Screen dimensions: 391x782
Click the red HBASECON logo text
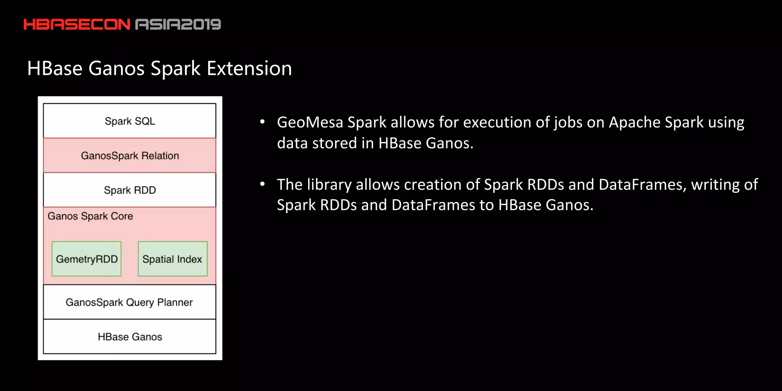pyautogui.click(x=77, y=24)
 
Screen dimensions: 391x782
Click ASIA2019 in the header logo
pyautogui.click(x=178, y=24)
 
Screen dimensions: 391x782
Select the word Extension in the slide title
pyautogui.click(x=249, y=69)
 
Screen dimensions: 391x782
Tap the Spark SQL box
pyautogui.click(x=130, y=121)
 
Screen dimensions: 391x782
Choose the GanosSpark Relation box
pyautogui.click(x=130, y=155)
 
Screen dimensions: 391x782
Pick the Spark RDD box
pyautogui.click(x=130, y=190)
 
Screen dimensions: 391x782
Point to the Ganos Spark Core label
pyautogui.click(x=90, y=216)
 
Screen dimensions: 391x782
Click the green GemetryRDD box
pyautogui.click(x=87, y=259)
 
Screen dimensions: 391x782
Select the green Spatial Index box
pyautogui.click(x=173, y=259)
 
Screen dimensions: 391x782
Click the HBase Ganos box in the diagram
pyautogui.click(x=130, y=336)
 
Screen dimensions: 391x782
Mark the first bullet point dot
pyautogui.click(x=262, y=122)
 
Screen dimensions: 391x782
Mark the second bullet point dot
pyautogui.click(x=262, y=184)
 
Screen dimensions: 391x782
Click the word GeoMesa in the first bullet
pyautogui.click(x=310, y=123)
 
